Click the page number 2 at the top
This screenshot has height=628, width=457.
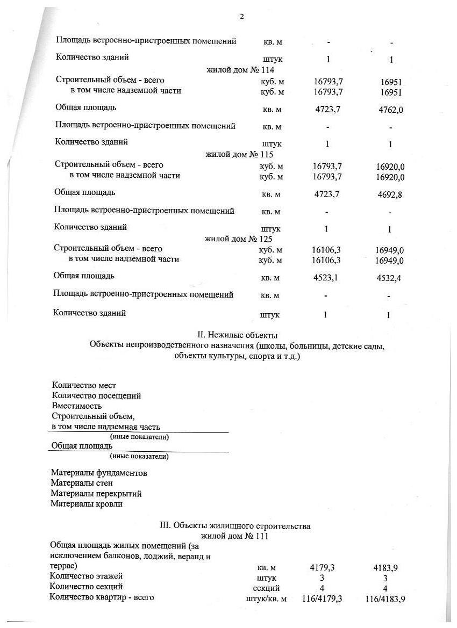(241, 17)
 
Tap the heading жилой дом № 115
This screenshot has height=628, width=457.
(240, 155)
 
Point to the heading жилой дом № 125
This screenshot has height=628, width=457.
(239, 239)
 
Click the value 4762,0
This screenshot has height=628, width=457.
(391, 110)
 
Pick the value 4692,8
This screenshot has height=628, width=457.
(390, 194)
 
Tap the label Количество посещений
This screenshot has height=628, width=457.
(96, 396)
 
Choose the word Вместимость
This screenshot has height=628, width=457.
(77, 406)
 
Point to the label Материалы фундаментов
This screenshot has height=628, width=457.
(99, 473)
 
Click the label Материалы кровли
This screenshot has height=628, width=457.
(87, 504)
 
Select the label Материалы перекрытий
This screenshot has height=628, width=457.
(96, 494)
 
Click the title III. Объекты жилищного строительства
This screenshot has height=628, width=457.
(235, 526)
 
